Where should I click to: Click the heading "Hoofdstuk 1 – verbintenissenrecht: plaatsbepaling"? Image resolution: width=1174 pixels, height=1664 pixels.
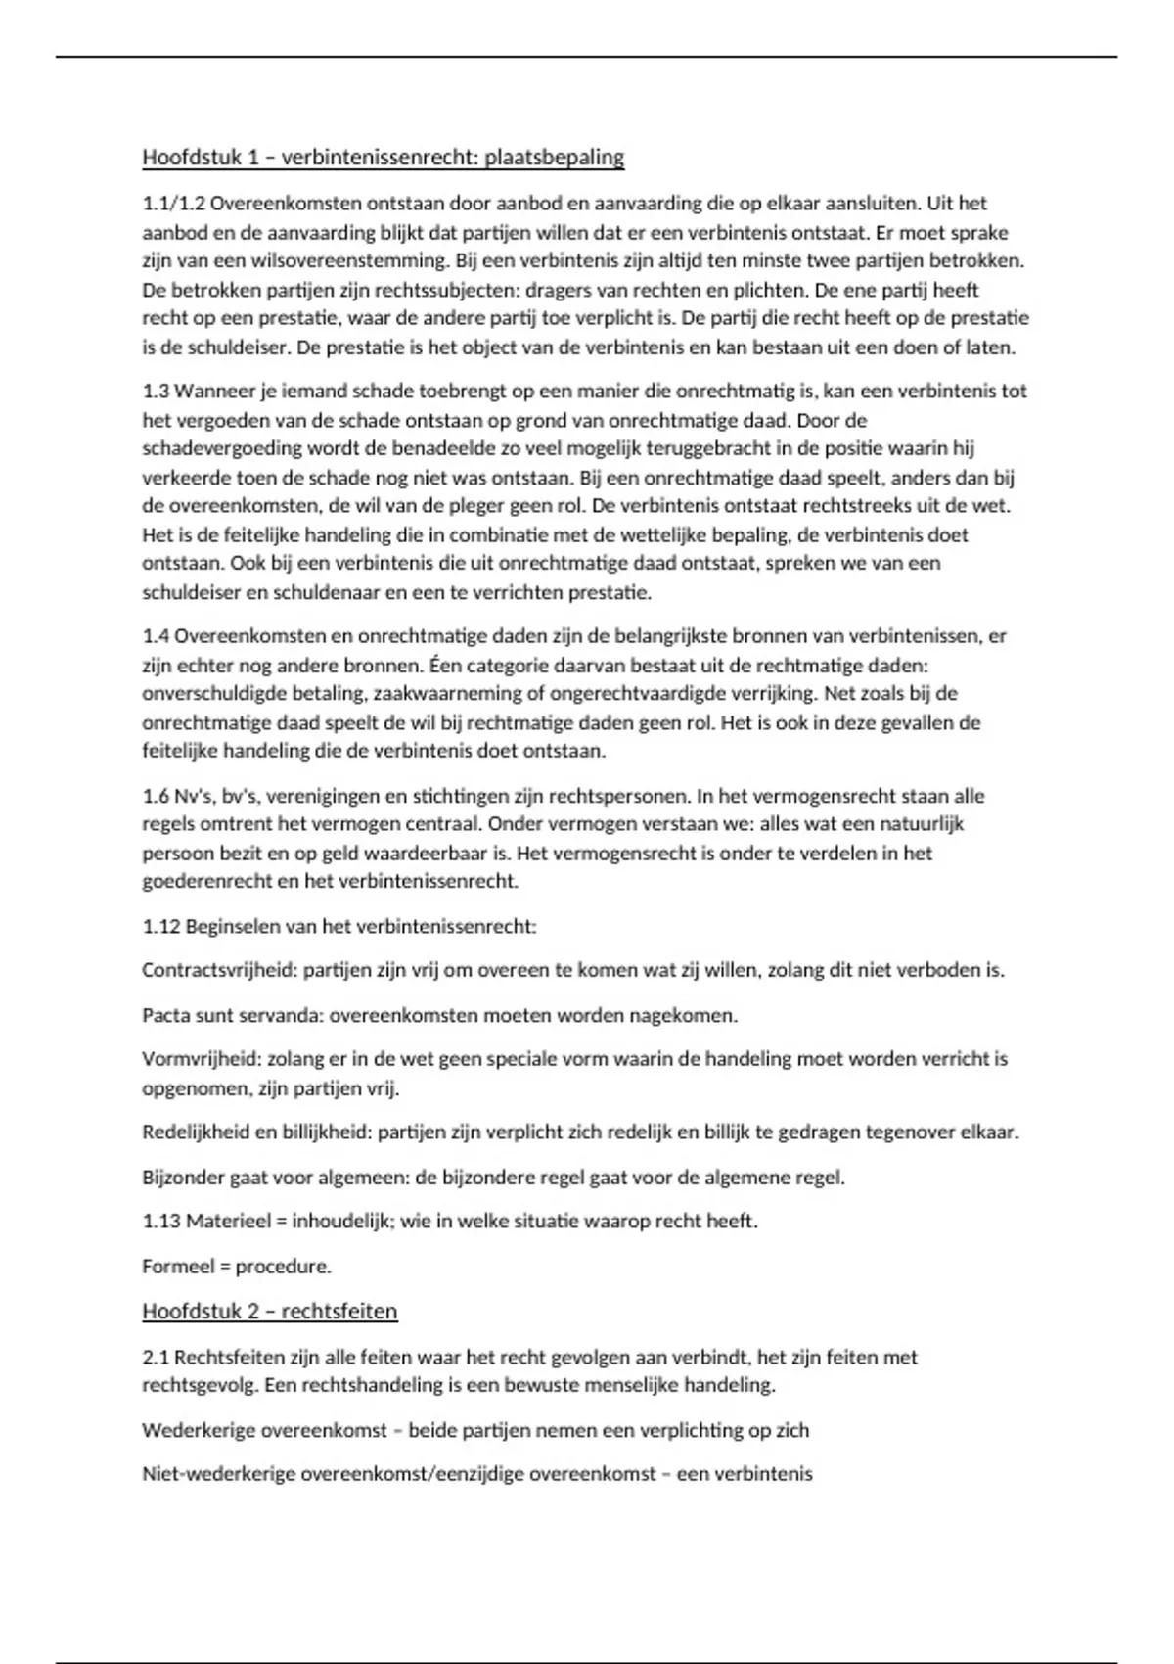383,157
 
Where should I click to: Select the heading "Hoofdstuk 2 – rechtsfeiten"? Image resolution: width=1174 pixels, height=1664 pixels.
269,1311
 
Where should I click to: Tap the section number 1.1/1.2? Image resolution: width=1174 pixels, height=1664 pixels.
173,204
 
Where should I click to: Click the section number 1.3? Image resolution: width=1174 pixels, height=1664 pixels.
156,392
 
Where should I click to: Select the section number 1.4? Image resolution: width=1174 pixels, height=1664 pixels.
156,636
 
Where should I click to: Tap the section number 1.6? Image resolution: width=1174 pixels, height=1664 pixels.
156,796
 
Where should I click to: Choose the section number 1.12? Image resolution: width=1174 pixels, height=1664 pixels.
160,926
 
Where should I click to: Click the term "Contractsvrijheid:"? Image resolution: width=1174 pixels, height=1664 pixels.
219,971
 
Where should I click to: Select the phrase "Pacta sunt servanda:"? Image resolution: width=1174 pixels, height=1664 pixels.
232,1015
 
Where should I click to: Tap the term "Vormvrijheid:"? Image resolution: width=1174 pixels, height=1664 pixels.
202,1059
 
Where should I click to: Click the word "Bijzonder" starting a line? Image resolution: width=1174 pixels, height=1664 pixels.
182,1178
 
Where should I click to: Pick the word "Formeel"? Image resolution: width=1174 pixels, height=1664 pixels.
177,1267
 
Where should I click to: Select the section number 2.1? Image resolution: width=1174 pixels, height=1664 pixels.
156,1358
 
